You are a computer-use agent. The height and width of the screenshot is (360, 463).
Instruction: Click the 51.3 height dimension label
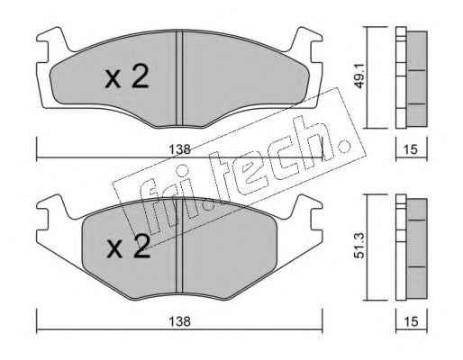(x=359, y=247)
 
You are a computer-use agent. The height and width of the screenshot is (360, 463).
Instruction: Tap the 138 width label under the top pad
(x=179, y=149)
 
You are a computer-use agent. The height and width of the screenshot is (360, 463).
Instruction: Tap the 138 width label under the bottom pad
(x=179, y=321)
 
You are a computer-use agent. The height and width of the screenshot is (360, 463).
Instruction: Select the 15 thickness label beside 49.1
(x=411, y=149)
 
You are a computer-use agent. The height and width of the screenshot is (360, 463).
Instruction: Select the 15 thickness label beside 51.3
(x=411, y=321)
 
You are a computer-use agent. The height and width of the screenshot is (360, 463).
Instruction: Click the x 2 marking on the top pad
(x=127, y=77)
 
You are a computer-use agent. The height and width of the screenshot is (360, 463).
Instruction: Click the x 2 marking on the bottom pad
(x=128, y=247)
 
